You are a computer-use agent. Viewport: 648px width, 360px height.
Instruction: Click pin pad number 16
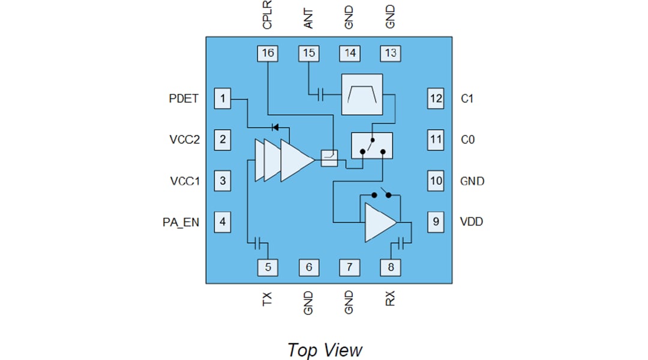[268, 53]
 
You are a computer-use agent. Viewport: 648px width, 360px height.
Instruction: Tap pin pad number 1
[223, 98]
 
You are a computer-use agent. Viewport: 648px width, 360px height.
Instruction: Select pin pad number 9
[436, 222]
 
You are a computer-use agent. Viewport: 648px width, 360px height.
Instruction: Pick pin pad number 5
[268, 267]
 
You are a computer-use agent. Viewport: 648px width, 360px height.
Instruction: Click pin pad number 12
[436, 98]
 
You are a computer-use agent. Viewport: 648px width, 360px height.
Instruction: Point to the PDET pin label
[184, 98]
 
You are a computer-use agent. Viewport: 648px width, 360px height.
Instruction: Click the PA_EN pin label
[181, 222]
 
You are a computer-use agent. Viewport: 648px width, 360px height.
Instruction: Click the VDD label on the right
[472, 222]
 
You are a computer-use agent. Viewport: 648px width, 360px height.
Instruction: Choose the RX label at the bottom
[391, 298]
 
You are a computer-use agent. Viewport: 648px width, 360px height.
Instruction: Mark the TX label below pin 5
[268, 298]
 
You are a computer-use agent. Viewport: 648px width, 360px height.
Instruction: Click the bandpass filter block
[362, 94]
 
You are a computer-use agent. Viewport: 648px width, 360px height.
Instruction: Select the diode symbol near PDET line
[275, 127]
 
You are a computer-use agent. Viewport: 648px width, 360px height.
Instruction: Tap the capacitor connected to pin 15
[320, 94]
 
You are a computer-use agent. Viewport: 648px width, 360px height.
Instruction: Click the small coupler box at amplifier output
[329, 158]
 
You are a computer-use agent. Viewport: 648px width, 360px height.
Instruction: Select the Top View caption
[325, 349]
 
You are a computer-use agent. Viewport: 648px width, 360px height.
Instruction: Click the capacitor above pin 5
[259, 243]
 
